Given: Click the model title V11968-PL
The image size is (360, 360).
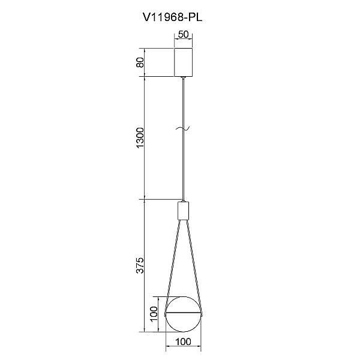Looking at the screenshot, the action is [172, 17].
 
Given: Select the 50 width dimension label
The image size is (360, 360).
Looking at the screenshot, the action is [183, 34].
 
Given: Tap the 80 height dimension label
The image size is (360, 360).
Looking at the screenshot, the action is [140, 62].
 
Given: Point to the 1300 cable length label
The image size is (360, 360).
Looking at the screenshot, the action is [140, 138].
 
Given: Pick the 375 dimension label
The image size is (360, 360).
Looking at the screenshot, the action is [140, 266].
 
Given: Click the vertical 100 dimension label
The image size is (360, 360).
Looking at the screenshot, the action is [154, 314].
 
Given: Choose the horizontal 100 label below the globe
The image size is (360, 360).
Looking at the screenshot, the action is [183, 342].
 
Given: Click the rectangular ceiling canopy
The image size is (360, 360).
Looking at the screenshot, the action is [183, 62].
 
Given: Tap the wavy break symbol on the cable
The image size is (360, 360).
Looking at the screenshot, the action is [183, 128].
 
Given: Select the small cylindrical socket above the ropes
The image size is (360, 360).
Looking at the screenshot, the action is [183, 211].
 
